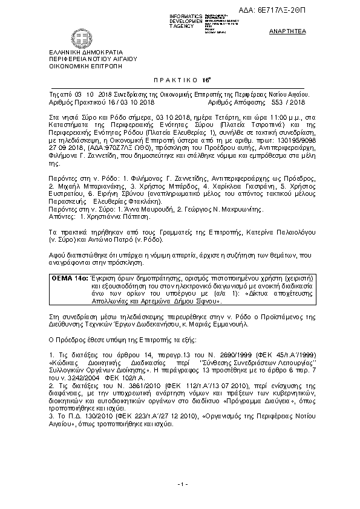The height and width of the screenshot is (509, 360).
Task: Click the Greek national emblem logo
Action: tap(62, 41)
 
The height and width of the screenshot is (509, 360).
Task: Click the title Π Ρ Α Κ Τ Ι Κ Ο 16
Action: tap(179, 79)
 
